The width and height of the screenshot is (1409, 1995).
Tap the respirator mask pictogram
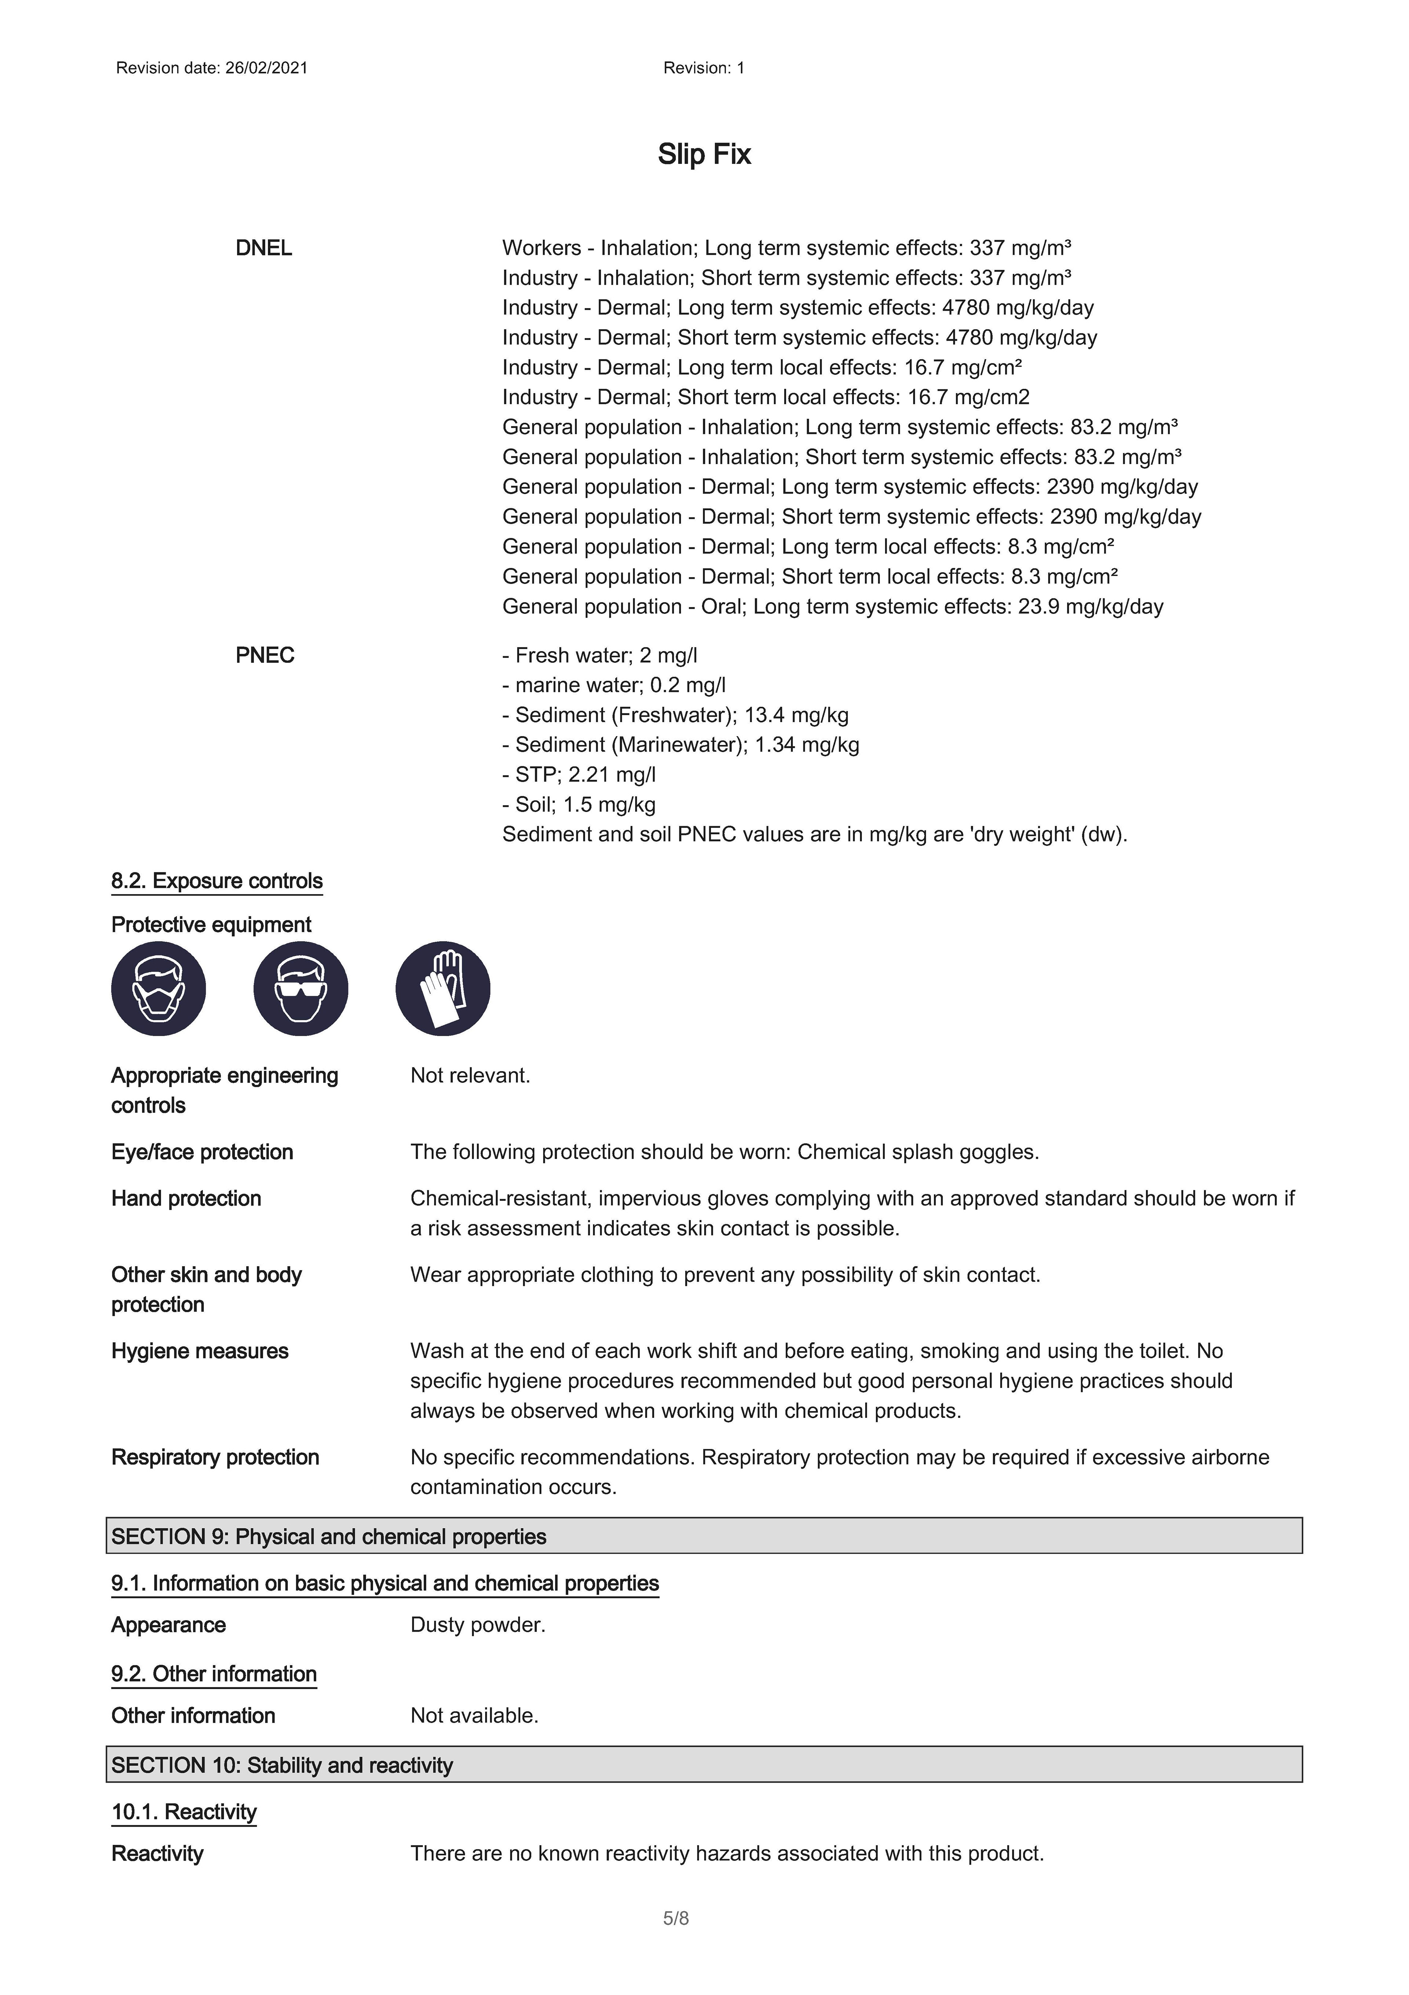(x=158, y=989)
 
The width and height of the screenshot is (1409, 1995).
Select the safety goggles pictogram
(x=301, y=989)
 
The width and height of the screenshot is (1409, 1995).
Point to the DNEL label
(x=263, y=249)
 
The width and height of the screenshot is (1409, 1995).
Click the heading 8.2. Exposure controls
(x=216, y=881)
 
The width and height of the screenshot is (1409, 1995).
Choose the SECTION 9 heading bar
(x=704, y=1536)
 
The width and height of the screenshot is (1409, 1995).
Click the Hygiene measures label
(x=200, y=1351)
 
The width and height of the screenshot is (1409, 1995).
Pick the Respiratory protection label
(x=215, y=1457)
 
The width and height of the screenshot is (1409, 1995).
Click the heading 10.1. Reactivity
(x=183, y=1812)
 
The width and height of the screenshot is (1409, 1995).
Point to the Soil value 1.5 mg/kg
(x=609, y=805)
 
